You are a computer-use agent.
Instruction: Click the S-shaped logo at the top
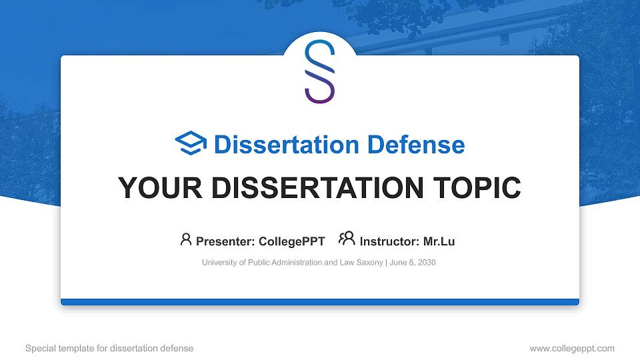[x=319, y=71]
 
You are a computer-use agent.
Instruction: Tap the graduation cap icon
[x=191, y=143]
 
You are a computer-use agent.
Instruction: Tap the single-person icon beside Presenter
[x=186, y=239]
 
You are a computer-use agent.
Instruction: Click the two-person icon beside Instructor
[x=347, y=239]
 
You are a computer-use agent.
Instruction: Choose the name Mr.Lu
[x=439, y=241]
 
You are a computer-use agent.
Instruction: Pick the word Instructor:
[x=389, y=241]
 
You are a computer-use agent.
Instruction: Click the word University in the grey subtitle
[x=219, y=263]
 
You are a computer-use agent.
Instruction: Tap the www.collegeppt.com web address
[x=571, y=348]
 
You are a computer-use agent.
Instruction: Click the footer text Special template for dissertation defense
[x=109, y=348]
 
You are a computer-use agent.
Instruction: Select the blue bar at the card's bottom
[x=320, y=302]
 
